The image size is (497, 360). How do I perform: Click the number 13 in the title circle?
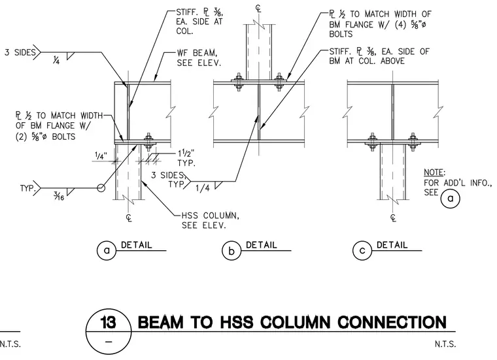[108, 323]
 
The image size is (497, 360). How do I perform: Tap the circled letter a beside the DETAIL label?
[107, 250]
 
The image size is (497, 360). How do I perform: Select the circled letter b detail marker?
[231, 251]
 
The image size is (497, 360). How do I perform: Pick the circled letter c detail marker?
[362, 250]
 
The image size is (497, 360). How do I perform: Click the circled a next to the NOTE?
[450, 198]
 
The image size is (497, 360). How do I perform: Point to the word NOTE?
[434, 172]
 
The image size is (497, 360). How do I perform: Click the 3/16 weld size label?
[59, 197]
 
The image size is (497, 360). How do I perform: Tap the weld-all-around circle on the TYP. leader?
[101, 188]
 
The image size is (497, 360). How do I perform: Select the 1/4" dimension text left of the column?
[101, 155]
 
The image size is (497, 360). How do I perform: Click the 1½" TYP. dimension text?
[186, 158]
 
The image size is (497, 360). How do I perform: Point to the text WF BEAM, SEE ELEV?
[199, 57]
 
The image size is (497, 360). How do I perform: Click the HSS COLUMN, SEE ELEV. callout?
[211, 220]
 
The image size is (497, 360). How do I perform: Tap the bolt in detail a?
[148, 142]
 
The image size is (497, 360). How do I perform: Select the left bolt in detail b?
[238, 82]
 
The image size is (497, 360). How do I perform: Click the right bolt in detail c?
[413, 142]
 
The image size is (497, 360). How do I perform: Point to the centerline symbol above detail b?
[259, 8]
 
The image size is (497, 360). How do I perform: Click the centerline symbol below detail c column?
[393, 218]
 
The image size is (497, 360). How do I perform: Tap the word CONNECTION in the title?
[392, 322]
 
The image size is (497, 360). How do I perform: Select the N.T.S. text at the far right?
[445, 344]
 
